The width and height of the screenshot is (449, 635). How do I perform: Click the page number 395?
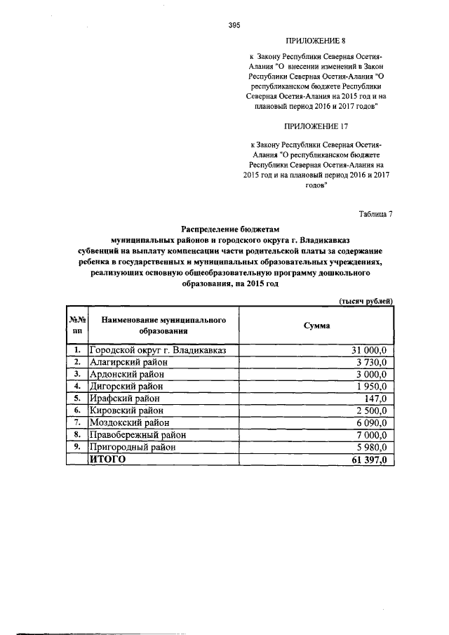(x=234, y=25)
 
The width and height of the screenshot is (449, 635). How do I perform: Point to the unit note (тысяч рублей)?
(x=365, y=300)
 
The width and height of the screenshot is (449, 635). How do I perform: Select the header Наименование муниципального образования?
(x=163, y=325)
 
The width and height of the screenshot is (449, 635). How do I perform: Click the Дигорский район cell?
(x=129, y=387)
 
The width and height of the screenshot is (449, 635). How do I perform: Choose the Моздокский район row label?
(x=133, y=422)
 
